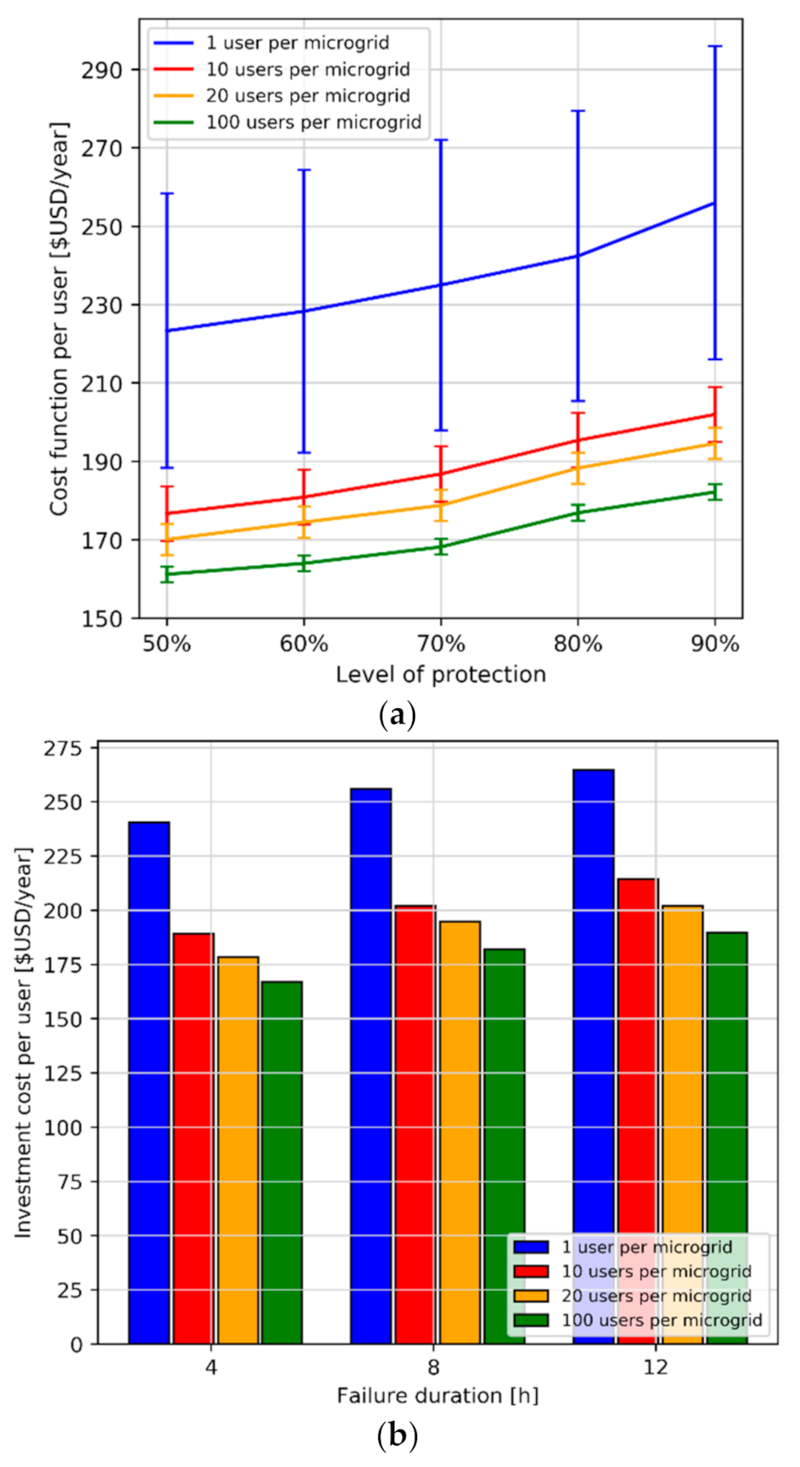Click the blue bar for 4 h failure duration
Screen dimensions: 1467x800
149,1081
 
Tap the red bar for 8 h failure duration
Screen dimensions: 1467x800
415,1123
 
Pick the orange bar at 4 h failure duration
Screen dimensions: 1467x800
237,1149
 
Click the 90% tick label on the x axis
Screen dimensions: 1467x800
714,644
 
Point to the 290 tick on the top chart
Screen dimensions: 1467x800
102,70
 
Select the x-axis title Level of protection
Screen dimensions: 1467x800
440,675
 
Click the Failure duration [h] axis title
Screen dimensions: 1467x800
437,1396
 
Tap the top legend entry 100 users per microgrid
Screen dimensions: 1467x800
313,123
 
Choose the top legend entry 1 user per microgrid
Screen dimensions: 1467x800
297,43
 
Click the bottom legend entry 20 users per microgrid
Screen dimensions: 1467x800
655,1296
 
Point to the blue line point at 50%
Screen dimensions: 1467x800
167,330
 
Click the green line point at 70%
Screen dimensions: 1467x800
441,547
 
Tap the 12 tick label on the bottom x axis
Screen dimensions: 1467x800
655,1367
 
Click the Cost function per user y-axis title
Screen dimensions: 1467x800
58,319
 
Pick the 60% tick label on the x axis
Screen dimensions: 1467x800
303,644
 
